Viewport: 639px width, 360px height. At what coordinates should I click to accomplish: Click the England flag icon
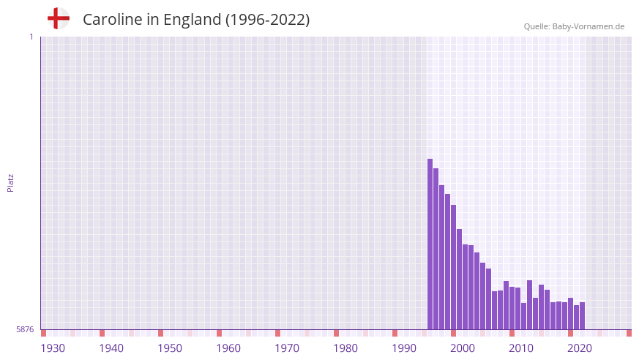59,18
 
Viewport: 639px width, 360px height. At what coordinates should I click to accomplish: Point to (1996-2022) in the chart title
267,20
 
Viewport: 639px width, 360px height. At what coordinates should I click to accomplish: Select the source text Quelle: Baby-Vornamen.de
574,26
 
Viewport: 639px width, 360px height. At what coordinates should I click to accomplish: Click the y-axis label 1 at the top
31,37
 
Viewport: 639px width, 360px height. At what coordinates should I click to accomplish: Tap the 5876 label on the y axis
25,330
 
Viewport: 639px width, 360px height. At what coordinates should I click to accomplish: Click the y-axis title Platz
11,183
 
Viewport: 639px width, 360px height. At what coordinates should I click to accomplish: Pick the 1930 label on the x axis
53,348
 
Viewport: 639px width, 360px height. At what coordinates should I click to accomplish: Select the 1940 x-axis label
111,348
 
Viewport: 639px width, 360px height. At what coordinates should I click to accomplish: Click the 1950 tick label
170,348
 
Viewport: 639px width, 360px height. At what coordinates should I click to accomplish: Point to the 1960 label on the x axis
228,348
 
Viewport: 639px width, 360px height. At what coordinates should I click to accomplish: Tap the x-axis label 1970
287,348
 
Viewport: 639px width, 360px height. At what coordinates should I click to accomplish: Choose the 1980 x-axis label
345,348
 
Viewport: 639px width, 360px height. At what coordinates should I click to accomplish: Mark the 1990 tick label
404,348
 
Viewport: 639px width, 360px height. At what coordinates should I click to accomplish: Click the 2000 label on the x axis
463,348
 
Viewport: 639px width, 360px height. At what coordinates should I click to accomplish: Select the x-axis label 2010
521,348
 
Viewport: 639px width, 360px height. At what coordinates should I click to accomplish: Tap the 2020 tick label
580,348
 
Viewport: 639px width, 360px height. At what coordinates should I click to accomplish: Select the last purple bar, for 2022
583,316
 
